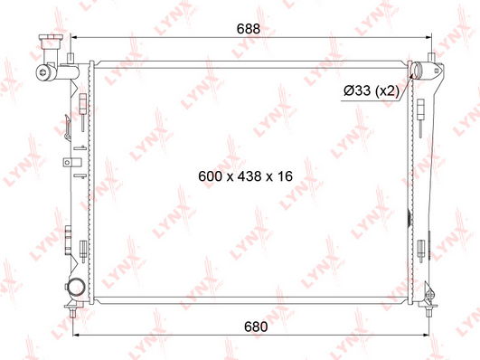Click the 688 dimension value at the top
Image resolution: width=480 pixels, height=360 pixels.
coord(249,29)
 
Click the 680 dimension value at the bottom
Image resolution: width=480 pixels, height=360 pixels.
coord(256,327)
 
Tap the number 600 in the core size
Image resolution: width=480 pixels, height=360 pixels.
coord(210,176)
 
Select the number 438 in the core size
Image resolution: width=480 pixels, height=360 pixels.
coord(249,176)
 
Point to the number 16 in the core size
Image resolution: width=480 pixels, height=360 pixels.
coord(285,176)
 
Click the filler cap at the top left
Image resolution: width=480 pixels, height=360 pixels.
coord(51,42)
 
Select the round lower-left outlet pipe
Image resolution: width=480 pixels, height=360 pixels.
coord(76,287)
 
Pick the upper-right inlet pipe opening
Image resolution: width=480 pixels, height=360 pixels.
coord(417,70)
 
